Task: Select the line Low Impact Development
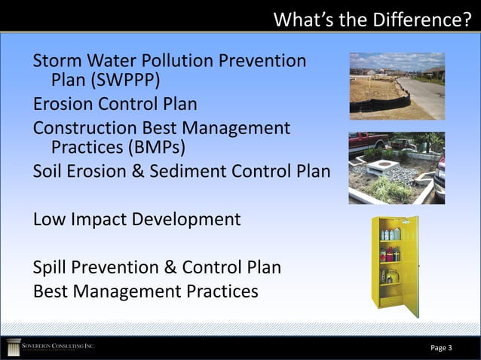tap(136, 220)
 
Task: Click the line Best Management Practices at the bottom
tap(146, 291)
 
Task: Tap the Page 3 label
tap(441, 347)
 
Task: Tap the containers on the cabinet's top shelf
tap(390, 233)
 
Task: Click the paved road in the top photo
tap(426, 94)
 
